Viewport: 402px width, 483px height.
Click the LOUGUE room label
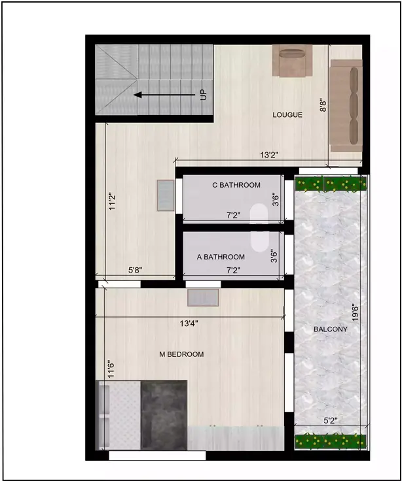coord(287,115)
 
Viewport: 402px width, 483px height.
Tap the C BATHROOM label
coord(236,185)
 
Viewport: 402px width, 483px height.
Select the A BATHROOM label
coord(221,257)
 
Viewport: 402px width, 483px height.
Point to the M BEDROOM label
coord(181,354)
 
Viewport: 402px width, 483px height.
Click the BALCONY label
coord(330,329)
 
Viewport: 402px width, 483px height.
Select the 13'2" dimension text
coord(269,155)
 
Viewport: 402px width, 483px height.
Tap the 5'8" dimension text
coord(136,269)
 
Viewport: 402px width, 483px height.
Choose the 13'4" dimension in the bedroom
coord(189,323)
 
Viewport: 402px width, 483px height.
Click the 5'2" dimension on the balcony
coord(331,421)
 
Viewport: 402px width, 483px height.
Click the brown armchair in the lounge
coord(289,60)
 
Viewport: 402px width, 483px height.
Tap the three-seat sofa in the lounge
coord(345,105)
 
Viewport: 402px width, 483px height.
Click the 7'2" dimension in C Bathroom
coord(234,214)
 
